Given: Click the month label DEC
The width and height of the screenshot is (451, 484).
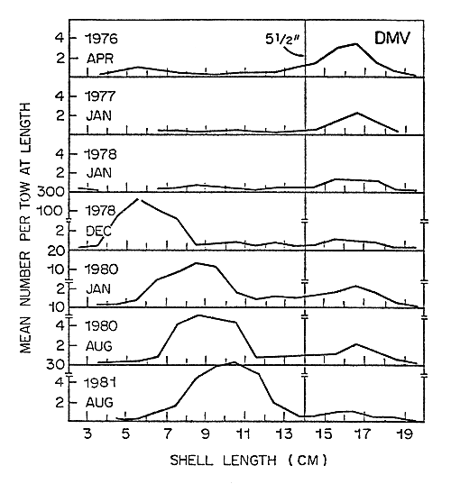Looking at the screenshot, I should pos(97,229).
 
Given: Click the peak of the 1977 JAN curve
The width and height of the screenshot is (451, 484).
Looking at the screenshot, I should pos(358,113).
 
